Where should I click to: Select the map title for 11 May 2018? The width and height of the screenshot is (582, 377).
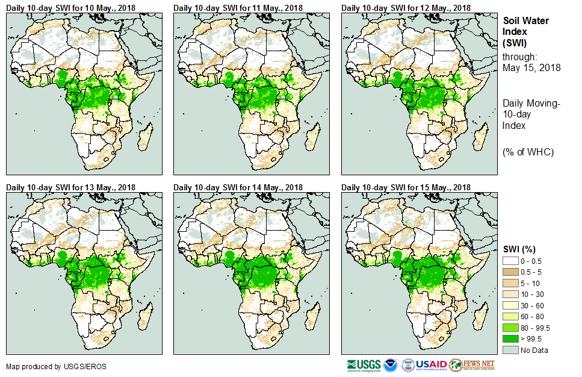238,7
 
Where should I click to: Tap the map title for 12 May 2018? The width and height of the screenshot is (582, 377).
406,7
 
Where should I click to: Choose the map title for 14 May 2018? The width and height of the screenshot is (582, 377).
238,187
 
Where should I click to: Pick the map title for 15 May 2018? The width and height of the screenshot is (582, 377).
406,187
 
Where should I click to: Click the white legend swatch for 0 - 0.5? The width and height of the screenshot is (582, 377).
510,260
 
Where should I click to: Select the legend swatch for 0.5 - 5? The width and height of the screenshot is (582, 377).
510,272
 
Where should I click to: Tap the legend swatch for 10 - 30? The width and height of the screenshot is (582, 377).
510,294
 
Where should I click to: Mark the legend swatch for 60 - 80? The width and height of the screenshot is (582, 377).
510,316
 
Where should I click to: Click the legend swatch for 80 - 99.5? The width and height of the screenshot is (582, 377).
510,328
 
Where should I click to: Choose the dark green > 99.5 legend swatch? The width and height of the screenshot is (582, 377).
510,338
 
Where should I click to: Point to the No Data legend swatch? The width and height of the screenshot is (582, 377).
510,350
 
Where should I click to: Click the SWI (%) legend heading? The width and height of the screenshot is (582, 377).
519,249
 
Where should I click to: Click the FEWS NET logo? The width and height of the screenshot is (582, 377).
472,364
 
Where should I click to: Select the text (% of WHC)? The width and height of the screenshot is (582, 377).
528,151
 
